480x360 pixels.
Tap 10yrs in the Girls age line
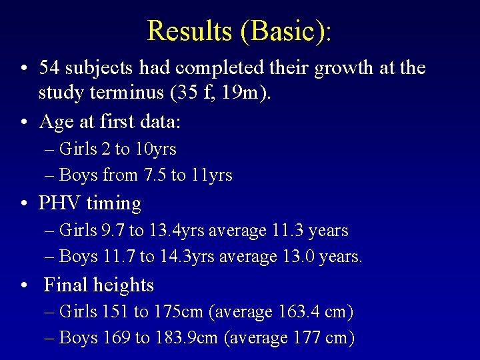click(x=155, y=149)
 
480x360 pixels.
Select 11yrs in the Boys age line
click(x=211, y=175)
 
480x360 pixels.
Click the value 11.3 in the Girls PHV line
click(x=289, y=231)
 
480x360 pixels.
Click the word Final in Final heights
click(x=66, y=285)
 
